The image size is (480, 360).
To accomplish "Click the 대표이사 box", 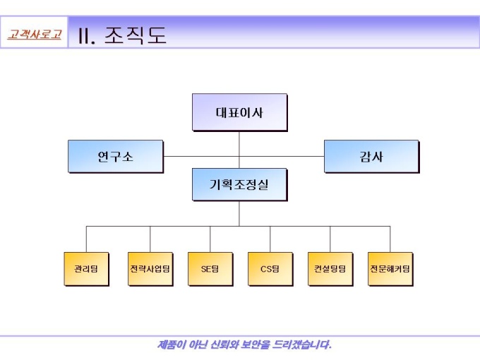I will tap(239, 112).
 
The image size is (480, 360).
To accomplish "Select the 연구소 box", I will tap(115, 156).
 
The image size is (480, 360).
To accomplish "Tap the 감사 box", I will tap(371, 156).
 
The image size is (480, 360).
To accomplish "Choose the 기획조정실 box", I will tap(239, 184).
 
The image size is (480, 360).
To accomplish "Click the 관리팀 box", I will tap(86, 268).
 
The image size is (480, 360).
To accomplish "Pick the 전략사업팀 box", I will tap(150, 268).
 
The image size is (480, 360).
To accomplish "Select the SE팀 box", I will tap(210, 268).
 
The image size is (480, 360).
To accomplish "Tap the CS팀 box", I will tap(270, 268).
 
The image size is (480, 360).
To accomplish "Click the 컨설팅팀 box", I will tap(330, 268).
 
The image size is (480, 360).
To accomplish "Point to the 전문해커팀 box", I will tap(390, 268).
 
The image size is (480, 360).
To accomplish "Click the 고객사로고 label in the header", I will tap(34, 34).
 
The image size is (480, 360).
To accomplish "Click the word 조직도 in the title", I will tap(136, 35).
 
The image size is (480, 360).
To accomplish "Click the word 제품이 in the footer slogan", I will tap(172, 345).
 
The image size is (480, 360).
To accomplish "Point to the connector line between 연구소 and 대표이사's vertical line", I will tap(201, 156).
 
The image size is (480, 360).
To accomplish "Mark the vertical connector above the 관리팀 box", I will tap(86, 239).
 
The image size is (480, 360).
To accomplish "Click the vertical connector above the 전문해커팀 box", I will tap(390, 239).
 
